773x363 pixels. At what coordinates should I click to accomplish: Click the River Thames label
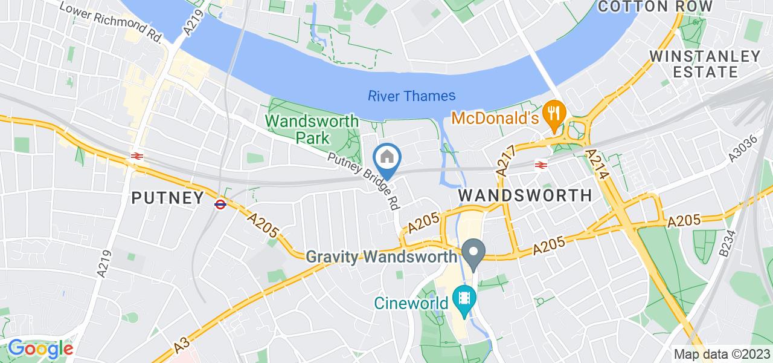tap(411, 96)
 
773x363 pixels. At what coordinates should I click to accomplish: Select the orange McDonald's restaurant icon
tap(553, 111)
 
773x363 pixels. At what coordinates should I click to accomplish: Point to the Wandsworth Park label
tap(312, 129)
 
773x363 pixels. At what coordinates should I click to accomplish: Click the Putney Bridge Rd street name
tap(364, 180)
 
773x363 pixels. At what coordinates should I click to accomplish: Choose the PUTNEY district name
tap(168, 197)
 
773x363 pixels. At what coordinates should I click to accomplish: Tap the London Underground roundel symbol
tap(220, 204)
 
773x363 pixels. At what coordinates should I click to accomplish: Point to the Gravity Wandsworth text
tap(382, 257)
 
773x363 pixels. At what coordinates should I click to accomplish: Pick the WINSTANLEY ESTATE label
tap(705, 64)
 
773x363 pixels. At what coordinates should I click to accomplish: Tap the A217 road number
tap(506, 160)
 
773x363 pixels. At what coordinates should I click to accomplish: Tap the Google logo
tap(40, 348)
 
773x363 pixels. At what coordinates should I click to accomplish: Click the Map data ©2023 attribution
tap(722, 355)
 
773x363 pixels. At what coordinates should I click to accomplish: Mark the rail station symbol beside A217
tap(540, 164)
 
